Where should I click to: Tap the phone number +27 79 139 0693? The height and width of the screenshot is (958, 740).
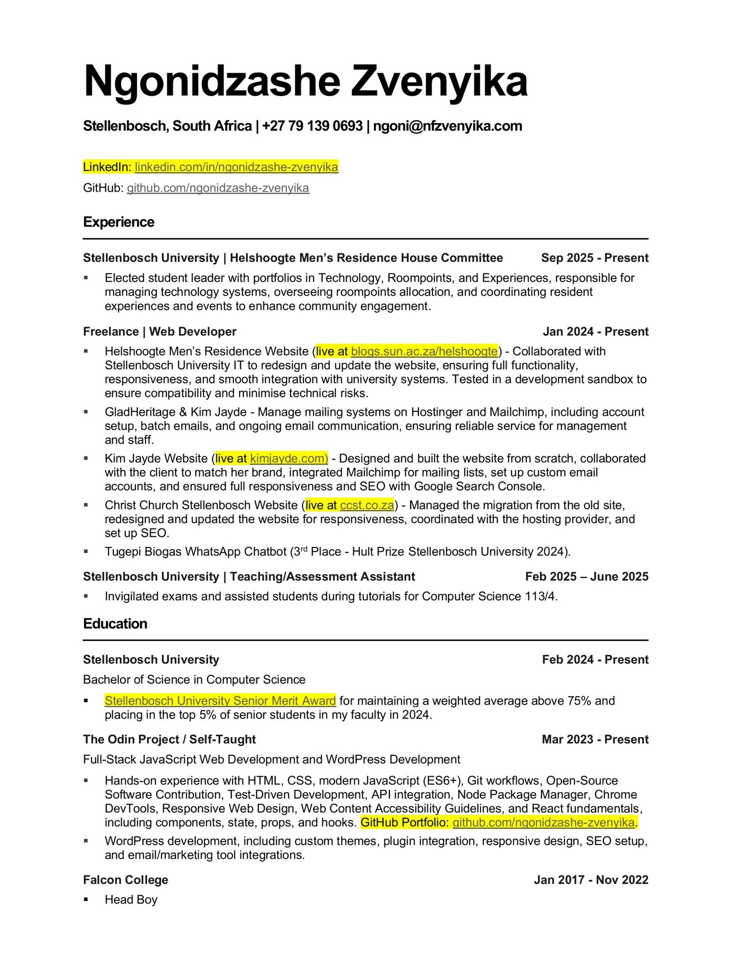tap(312, 126)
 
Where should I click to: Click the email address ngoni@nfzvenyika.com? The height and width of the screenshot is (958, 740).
tap(447, 126)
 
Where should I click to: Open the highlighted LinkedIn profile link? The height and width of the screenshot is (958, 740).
tap(236, 167)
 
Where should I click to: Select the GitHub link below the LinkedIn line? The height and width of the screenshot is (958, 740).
tap(218, 188)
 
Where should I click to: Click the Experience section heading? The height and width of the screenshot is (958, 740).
tap(119, 222)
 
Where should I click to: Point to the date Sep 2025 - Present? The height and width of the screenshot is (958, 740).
tap(594, 258)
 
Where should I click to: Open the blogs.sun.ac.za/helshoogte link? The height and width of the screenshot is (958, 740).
tap(424, 351)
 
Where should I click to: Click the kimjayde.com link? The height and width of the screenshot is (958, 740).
tap(289, 458)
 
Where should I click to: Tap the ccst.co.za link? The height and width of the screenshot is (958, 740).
tap(367, 505)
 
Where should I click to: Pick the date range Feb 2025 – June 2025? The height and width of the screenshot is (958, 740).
tap(586, 576)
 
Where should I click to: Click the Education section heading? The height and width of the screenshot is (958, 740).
tap(115, 624)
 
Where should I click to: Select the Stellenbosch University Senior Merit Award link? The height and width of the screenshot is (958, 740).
tap(220, 700)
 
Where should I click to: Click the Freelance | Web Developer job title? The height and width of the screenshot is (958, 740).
tap(160, 331)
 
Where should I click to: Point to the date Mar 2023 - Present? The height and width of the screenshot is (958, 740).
tap(595, 739)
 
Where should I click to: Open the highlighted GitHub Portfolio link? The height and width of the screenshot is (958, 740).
tap(543, 822)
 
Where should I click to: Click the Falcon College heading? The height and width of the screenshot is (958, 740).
tap(125, 879)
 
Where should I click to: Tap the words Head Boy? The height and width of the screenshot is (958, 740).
tap(131, 899)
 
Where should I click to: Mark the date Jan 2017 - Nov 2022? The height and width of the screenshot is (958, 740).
tap(591, 879)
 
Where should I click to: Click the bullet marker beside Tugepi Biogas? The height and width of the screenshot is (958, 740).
tap(86, 551)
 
